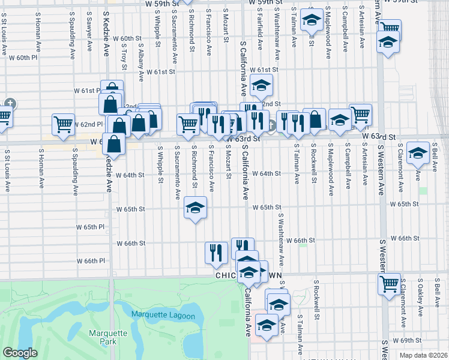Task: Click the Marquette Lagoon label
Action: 163,316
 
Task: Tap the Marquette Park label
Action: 108,337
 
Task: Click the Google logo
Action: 20,353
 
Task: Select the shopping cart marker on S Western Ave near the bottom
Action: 389,283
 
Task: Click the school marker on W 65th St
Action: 195,208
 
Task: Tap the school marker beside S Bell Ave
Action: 418,152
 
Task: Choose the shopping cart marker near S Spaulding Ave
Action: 63,124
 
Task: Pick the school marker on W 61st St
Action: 261,86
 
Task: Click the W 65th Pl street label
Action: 91,227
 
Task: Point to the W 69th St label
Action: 411,340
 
